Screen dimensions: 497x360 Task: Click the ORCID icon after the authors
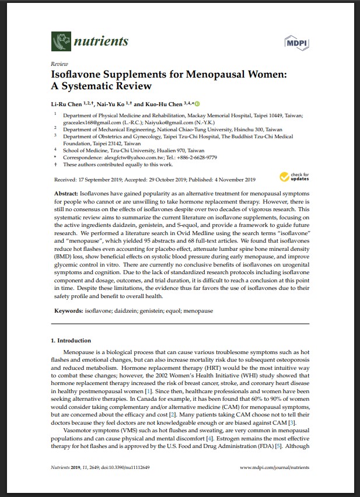tap(197, 103)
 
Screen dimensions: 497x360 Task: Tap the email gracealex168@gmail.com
tap(88, 123)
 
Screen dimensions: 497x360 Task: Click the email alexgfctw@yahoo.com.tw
tap(124, 157)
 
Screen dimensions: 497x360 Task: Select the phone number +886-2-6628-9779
tap(196, 157)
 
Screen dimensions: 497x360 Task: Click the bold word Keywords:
tap(69, 311)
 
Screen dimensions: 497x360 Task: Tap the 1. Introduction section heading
tap(71, 341)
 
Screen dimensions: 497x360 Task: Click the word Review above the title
tap(59, 64)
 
